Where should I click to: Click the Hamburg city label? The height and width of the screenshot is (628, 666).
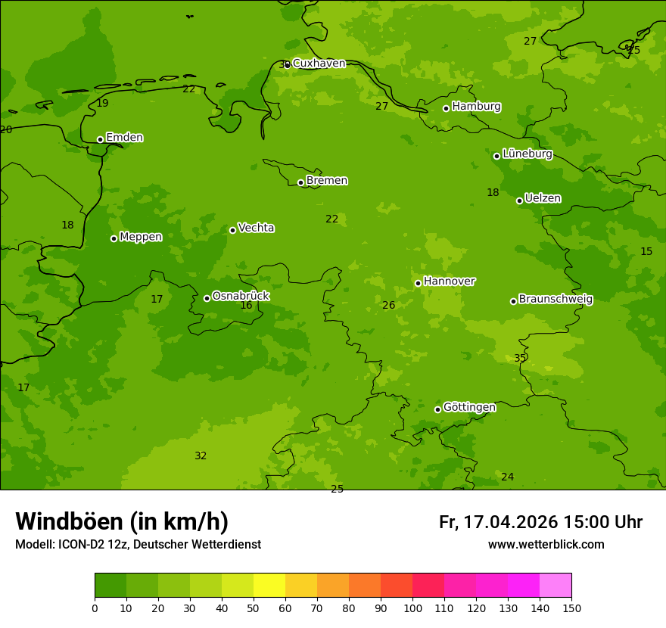pos(476,107)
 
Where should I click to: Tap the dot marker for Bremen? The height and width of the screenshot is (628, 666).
pos(300,182)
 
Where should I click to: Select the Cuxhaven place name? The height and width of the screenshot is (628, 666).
pos(319,64)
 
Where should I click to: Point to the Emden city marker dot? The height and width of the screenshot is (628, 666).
pos(100,139)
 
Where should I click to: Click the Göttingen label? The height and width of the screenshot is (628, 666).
pos(469,408)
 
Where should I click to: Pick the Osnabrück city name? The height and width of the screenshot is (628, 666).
pos(241,296)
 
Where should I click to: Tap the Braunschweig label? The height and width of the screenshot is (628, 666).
pos(556,300)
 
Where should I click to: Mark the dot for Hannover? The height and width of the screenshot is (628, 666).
pos(418,283)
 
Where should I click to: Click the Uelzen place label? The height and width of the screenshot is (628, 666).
pos(543,199)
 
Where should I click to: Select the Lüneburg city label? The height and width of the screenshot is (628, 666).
pos(527,154)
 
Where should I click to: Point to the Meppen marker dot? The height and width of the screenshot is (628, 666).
pos(114,238)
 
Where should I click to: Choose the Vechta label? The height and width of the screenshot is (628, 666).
pos(256,228)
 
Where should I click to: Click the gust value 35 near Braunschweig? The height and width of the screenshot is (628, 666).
pos(520,359)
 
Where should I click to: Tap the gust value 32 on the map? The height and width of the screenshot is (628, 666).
pos(201,456)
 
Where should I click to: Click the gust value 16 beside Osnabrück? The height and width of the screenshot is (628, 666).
pos(246,306)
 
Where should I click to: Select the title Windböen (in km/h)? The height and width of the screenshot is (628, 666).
pos(122,521)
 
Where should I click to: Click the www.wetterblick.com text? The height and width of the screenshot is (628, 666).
pos(546,545)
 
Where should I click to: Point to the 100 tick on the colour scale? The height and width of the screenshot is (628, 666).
pos(412,608)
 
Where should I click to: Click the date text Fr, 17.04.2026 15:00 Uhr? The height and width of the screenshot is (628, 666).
pos(540,522)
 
